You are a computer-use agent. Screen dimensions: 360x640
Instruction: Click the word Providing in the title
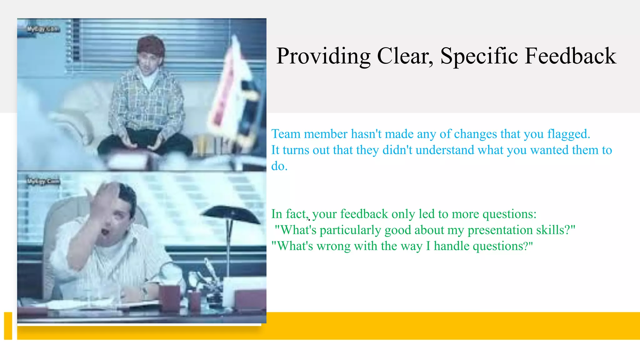tap(323, 56)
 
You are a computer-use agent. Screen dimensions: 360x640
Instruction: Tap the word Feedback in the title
tap(571, 56)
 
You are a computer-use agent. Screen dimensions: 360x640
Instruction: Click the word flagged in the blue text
tap(568, 134)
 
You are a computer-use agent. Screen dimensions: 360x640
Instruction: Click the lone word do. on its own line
tap(279, 166)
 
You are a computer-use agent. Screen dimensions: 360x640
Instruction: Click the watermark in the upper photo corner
tap(42, 29)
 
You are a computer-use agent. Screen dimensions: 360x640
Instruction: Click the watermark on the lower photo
tap(43, 182)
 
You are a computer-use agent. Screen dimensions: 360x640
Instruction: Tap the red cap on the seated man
tap(151, 45)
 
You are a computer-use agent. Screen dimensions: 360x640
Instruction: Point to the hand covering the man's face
tap(105, 200)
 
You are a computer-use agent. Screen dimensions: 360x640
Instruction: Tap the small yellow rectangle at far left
tap(8, 326)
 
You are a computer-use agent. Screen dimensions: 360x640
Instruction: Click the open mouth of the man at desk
tap(105, 232)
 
